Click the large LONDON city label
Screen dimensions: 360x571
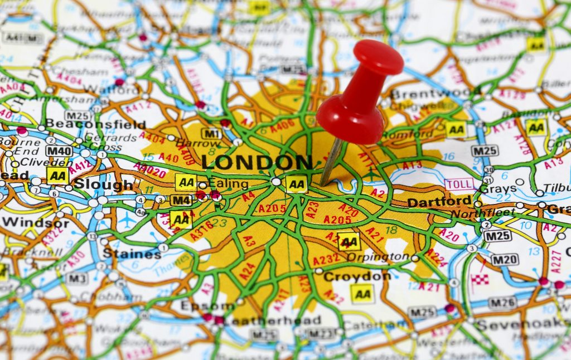pos(257,162)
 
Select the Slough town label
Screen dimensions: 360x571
pos(104,184)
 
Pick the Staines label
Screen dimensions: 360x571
pos(132,254)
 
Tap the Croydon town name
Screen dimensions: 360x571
pos(357,276)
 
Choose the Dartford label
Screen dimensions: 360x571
pos(439,202)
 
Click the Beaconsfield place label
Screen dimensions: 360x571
pos(95,124)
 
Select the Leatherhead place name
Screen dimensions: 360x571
pos(273,320)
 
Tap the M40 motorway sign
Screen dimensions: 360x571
pos(59,151)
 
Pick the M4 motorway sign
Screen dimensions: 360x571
pos(181,200)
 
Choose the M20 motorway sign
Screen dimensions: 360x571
pos(504,259)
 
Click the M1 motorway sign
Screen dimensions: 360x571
pos(211,134)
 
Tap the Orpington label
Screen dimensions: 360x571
pos(378,257)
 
